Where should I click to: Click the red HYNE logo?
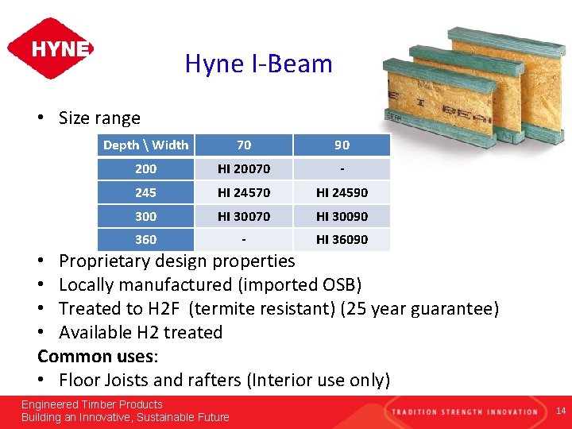pyautogui.click(x=50, y=48)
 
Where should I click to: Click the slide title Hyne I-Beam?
pyautogui.click(x=258, y=64)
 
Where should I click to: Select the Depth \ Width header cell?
pyautogui.click(x=146, y=145)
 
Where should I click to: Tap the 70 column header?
pyautogui.click(x=244, y=145)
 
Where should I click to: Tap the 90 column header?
pyautogui.click(x=342, y=145)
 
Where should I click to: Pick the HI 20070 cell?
pyautogui.click(x=244, y=168)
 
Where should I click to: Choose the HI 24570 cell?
pyautogui.click(x=244, y=192)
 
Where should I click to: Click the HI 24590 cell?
pyautogui.click(x=342, y=192)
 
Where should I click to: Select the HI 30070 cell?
pyautogui.click(x=244, y=216)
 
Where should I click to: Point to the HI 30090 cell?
pyautogui.click(x=342, y=216)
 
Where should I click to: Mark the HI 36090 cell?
pyautogui.click(x=342, y=239)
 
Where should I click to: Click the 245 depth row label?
pyautogui.click(x=146, y=192)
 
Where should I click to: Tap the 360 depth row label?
pyautogui.click(x=146, y=239)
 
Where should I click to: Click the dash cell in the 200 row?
pyautogui.click(x=342, y=168)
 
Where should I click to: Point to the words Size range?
pyautogui.click(x=99, y=118)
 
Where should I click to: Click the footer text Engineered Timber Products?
pyautogui.click(x=91, y=404)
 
